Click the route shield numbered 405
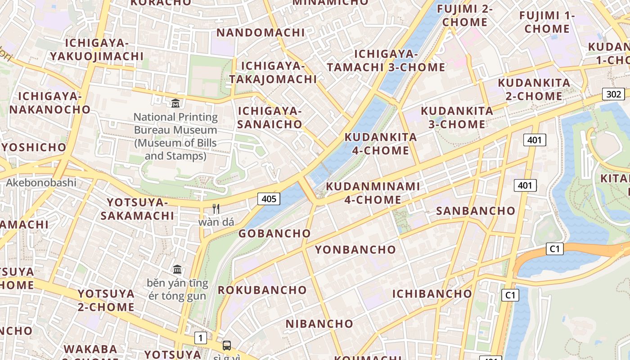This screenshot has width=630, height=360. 269,198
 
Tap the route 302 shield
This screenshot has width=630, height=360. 613,94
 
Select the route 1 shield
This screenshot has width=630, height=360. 201,337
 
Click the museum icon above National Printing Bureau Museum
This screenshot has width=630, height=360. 175,103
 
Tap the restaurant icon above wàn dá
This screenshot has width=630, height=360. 216,208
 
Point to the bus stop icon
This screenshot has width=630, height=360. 227,346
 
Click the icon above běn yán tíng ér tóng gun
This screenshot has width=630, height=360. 177,270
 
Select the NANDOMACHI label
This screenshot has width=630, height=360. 261,32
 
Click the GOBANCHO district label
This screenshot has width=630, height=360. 274,233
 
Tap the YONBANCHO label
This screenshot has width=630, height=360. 355,250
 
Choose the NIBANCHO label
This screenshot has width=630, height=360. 319,324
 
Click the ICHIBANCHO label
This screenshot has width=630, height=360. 432,294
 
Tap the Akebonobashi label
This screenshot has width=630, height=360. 41,183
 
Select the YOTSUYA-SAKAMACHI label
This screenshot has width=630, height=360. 137,209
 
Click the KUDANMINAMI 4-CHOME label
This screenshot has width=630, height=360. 373,193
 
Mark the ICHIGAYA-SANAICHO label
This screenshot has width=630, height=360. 270,117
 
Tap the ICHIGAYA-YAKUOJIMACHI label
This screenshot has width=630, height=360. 97,49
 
